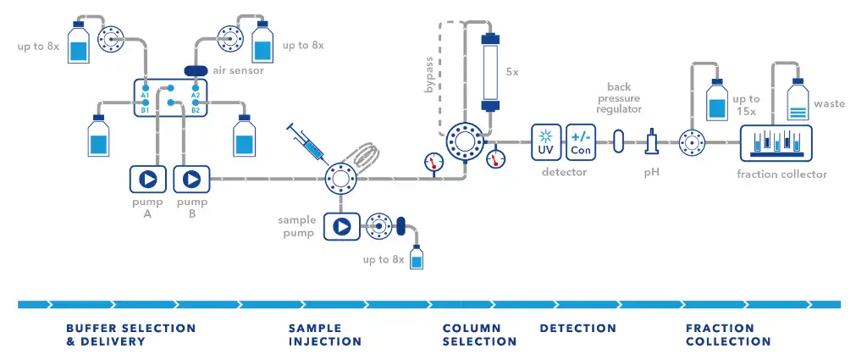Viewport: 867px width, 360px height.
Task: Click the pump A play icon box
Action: [x=147, y=179]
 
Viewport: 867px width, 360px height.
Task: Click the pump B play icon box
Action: [x=191, y=179]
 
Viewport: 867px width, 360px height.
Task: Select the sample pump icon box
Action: [x=341, y=226]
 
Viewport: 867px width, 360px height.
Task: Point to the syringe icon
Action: [x=306, y=142]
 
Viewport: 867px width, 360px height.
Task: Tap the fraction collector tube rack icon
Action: [x=776, y=142]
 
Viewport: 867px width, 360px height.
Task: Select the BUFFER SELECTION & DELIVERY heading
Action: [x=130, y=335]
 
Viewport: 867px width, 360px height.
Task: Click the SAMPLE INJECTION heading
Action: [x=324, y=335]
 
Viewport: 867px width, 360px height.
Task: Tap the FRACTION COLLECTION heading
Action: [x=728, y=335]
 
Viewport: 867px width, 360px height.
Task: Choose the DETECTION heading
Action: [x=577, y=328]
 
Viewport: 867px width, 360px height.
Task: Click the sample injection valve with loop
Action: [x=341, y=179]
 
